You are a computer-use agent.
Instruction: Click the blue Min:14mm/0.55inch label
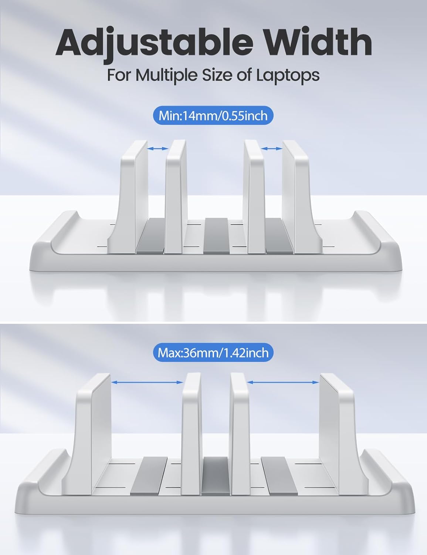click(213, 115)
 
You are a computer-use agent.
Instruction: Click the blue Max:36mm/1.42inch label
click(213, 353)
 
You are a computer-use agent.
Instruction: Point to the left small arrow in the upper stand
click(158, 148)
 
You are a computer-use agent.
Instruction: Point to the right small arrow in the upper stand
click(272, 148)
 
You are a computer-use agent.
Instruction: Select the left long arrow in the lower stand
click(147, 382)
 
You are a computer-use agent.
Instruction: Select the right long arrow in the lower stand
click(283, 382)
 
